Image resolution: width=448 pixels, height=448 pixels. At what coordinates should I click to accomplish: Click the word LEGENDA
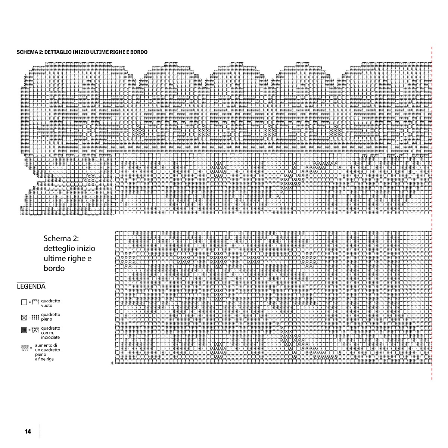coord(31,287)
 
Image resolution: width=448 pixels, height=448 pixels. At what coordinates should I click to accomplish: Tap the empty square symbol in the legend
coord(24,302)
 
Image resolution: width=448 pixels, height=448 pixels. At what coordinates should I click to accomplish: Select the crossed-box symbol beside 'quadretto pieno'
coord(24,318)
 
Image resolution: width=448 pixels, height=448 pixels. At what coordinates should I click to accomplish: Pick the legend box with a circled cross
coord(24,330)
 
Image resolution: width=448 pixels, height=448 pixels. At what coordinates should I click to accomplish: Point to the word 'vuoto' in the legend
coord(47,306)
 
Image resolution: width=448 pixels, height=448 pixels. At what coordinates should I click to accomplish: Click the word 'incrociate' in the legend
coord(50,337)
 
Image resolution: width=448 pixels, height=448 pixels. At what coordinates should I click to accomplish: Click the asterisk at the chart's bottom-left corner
coord(112,363)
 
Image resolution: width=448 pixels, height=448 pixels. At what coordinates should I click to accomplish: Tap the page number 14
coord(28,432)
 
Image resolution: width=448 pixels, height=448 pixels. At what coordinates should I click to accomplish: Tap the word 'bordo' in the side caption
coord(54,268)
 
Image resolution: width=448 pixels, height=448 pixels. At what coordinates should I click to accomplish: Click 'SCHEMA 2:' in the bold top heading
coord(29,52)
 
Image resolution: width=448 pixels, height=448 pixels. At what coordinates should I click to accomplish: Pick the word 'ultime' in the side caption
coord(54,258)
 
